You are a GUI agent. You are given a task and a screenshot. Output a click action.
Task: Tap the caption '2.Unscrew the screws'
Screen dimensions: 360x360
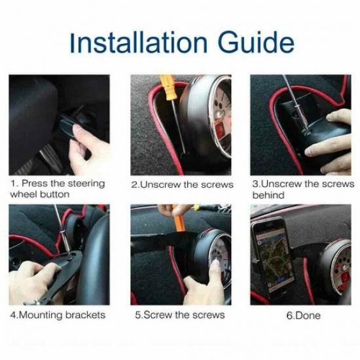[182, 185]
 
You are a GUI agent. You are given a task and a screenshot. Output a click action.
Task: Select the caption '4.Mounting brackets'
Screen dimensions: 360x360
[57, 315]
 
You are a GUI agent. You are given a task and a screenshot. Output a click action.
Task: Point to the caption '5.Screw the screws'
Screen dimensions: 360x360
[179, 315]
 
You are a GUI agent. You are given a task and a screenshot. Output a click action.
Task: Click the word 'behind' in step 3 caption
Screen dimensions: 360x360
[268, 195]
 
